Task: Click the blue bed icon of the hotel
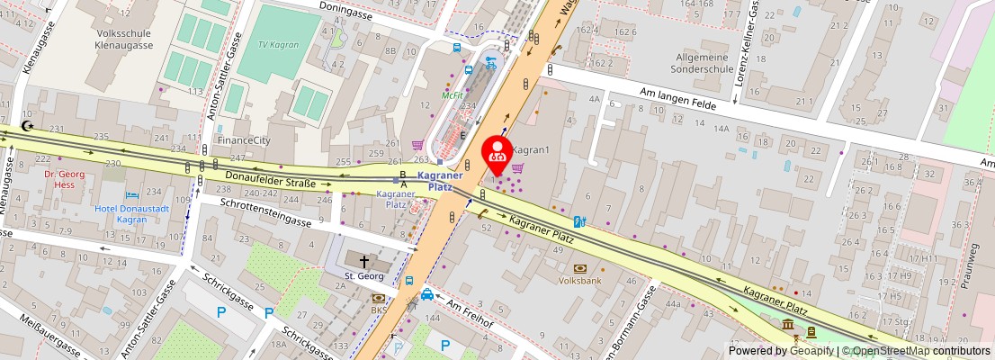tap(133, 194)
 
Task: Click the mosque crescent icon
tap(28, 126)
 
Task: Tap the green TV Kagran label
tap(278, 44)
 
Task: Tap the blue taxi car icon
tap(427, 294)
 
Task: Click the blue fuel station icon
tap(580, 220)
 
